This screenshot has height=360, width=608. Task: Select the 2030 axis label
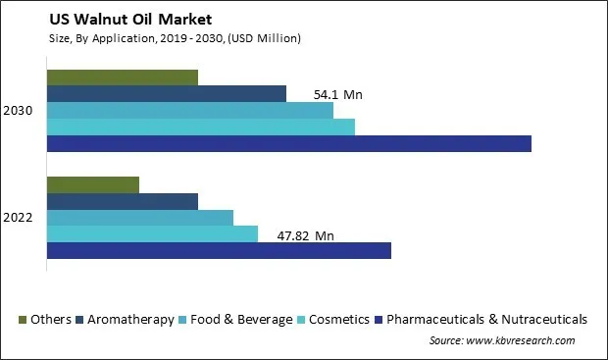[19, 111]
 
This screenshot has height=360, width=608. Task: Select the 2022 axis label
[19, 217]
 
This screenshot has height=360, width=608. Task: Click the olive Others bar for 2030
[122, 77]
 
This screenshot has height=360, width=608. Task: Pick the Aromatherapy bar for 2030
[166, 94]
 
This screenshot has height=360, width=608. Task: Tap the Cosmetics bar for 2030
[200, 128]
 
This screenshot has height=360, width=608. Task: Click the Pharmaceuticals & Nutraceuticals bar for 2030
[288, 144]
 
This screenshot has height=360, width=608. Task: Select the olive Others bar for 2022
[92, 184]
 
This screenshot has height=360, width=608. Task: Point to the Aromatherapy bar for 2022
[122, 201]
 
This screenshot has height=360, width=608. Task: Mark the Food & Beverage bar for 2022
[139, 218]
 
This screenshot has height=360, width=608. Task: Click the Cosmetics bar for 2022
[152, 234]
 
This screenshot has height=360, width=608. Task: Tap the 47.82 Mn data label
[305, 235]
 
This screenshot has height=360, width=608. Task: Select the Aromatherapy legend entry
[129, 319]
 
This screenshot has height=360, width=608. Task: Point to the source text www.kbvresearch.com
[501, 340]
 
